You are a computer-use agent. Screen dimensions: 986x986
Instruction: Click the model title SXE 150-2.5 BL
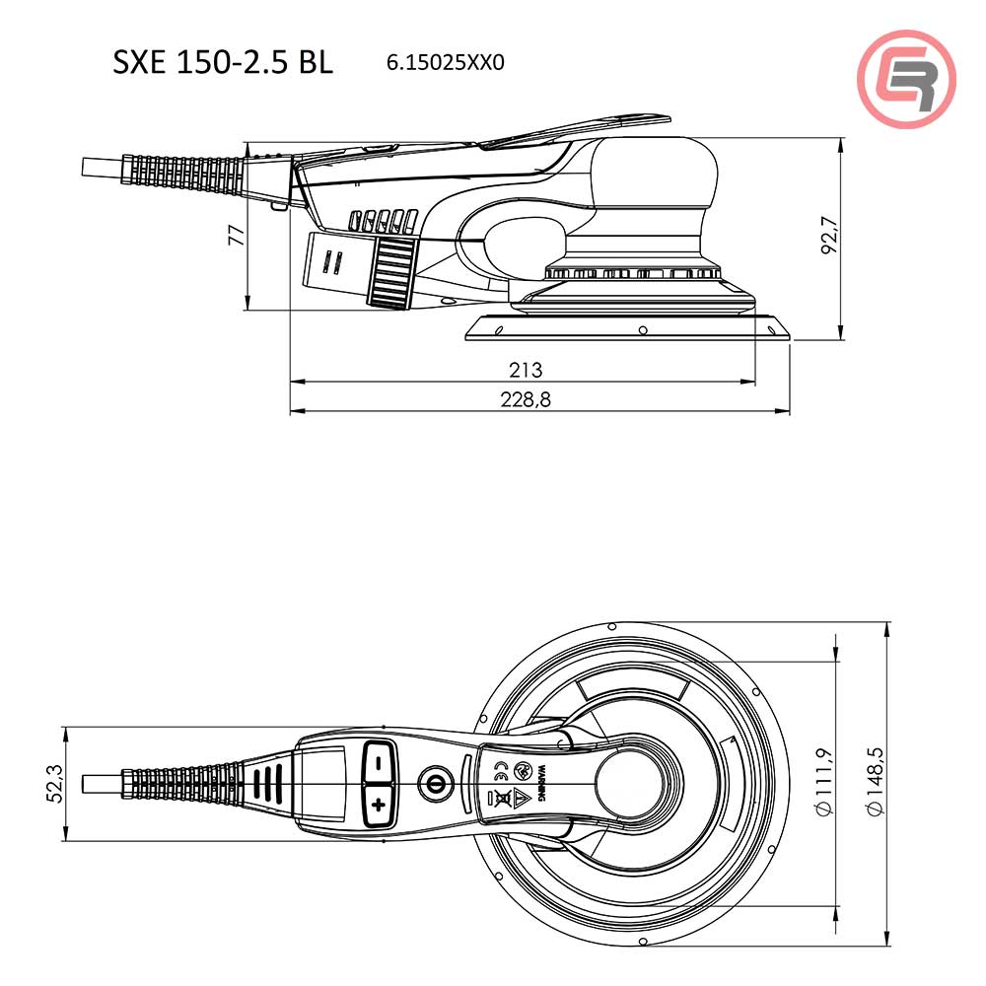223,62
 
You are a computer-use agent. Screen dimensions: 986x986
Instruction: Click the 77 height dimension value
236,235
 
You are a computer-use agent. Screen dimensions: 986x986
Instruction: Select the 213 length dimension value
526,370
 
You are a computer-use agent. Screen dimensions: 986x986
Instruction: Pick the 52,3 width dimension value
56,784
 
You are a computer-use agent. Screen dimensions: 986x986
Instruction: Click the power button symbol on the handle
431,785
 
